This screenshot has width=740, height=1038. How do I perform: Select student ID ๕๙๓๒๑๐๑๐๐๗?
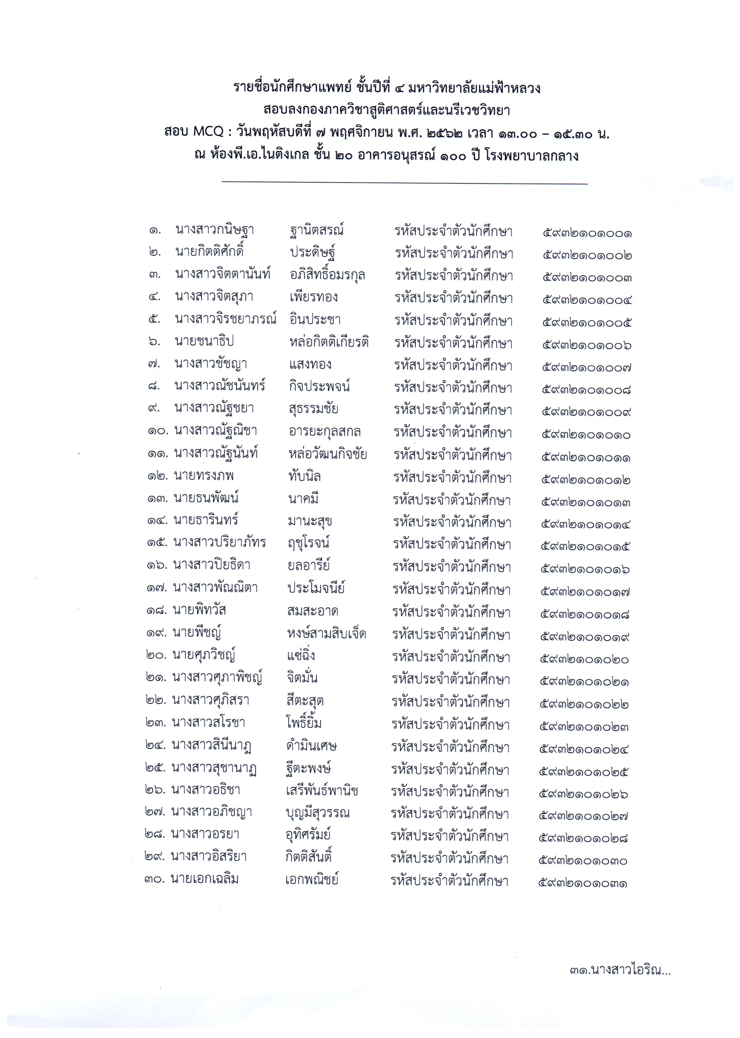point(587,368)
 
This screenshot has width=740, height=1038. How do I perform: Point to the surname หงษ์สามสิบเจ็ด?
point(327,634)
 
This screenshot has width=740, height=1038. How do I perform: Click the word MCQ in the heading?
point(208,132)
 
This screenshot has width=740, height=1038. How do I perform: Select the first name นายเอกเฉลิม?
point(204,879)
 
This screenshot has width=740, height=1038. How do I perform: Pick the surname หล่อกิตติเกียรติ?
point(328,342)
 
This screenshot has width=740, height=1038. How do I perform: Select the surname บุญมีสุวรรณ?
point(318,813)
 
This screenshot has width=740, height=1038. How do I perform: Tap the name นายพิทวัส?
point(200,610)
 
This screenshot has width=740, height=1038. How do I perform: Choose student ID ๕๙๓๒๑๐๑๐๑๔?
point(586,525)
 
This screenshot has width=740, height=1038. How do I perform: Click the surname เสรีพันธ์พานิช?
point(322,791)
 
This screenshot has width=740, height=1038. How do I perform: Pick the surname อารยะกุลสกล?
point(325,431)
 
